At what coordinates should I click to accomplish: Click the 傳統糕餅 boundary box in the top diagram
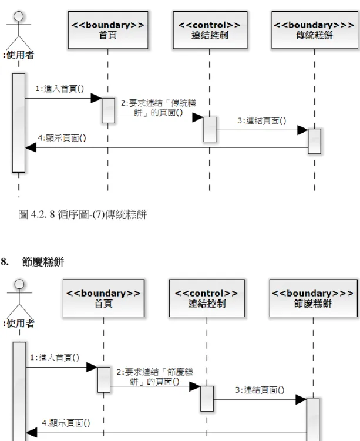pos(314,30)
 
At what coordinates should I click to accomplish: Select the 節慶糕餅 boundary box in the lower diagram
pos(314,298)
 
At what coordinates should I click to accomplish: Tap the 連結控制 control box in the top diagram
pos(210,30)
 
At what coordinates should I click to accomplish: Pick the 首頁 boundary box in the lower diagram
pos(103,298)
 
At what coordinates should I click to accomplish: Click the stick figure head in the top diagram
pos(19,16)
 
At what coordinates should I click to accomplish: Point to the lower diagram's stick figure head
pos(19,284)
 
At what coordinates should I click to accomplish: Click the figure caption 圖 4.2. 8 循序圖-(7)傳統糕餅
pos(82,214)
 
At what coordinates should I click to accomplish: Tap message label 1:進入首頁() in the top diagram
pos(60,89)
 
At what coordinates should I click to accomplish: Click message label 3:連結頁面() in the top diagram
pos(262,121)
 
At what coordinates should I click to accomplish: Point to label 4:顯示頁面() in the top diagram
pos(62,138)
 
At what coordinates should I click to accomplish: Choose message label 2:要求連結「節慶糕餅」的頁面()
pos(155,377)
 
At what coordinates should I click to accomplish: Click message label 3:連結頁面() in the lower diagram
pos(260,390)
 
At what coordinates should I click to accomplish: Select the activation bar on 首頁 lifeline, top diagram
pos(108,110)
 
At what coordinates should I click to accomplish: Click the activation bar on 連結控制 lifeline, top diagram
pos(210,129)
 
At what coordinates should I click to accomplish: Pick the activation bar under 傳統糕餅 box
pos(314,141)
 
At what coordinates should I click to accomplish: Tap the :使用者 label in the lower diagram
pos(19,324)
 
